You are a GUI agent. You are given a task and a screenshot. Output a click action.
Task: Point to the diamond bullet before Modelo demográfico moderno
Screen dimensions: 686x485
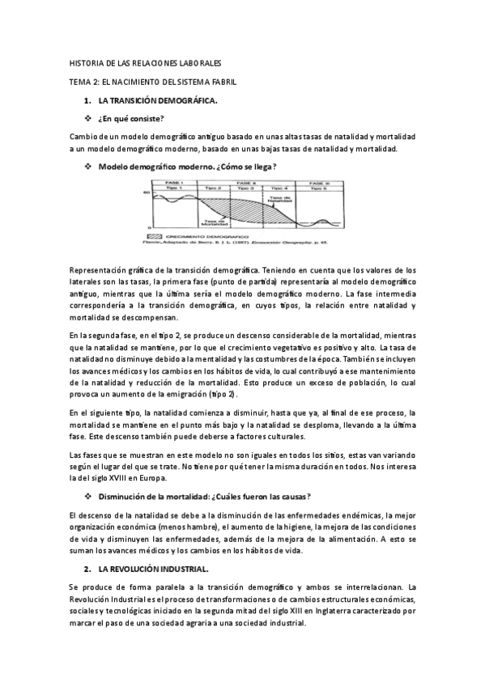[87, 167]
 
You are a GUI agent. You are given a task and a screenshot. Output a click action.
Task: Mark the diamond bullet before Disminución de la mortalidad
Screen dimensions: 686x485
[87, 496]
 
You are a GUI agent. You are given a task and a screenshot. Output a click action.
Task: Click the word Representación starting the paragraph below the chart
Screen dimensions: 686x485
[97, 269]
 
